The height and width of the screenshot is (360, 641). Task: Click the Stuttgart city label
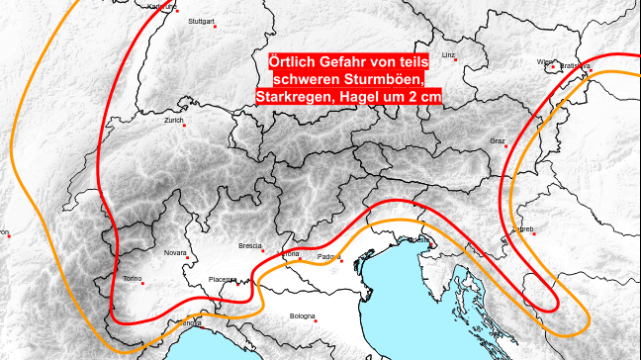[201, 19]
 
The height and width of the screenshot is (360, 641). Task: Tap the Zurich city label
[174, 121]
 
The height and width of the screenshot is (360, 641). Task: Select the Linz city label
[449, 55]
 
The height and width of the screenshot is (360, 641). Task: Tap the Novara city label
[175, 252]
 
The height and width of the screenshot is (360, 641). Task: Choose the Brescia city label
[250, 245]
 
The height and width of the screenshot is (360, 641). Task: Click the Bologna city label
[302, 316]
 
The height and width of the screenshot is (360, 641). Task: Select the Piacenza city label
[223, 280]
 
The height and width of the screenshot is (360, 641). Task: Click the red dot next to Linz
[454, 64]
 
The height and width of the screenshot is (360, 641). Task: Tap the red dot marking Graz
[504, 149]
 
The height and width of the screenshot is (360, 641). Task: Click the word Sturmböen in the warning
[382, 79]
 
